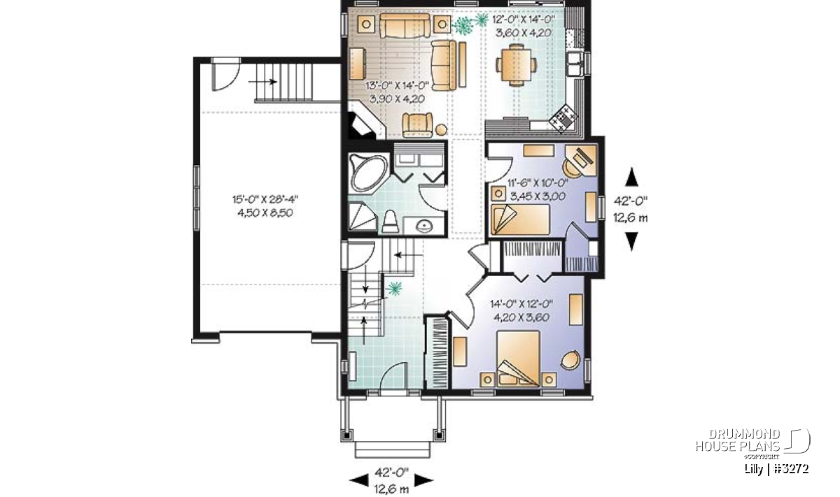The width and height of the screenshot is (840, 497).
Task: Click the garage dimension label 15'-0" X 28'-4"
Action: pos(265,199)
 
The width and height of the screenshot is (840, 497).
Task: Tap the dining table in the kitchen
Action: pos(517,65)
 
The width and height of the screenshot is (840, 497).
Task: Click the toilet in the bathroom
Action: pos(391,222)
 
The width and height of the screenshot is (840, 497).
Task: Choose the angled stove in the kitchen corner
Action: pos(563,117)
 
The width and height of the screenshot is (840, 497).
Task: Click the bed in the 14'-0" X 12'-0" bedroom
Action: pos(518,358)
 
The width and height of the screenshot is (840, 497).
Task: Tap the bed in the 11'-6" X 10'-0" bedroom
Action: pos(521,219)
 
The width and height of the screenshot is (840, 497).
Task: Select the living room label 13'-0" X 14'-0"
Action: pos(397,86)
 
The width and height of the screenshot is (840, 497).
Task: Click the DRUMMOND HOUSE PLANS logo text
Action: pos(738,440)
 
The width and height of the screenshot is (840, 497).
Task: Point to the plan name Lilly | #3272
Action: pos(776,469)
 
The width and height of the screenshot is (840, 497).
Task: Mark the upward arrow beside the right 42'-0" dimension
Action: pos(631,176)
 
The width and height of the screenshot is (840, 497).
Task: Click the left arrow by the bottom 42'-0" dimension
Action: pos(359,480)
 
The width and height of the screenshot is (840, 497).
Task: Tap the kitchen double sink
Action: pos(574,64)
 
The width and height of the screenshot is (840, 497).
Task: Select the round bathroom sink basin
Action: pos(424,226)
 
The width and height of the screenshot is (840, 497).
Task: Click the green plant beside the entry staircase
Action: pos(394,289)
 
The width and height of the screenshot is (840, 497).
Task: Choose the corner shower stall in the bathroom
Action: pos(363,217)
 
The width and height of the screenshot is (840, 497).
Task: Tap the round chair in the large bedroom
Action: pos(570,359)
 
